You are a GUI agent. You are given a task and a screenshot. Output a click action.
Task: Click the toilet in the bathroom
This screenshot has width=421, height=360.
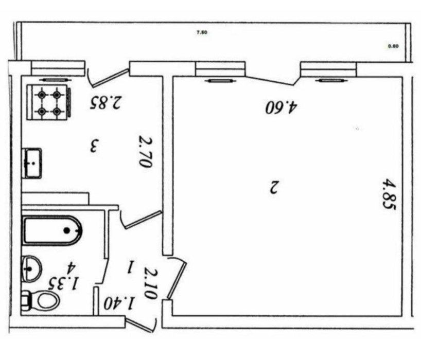point(41,300)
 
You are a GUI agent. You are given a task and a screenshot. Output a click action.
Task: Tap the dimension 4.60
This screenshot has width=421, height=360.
point(282,107)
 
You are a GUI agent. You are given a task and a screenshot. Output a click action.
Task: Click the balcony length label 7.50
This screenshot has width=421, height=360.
point(202,32)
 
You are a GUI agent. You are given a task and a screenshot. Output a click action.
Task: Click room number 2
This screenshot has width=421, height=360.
point(273,187)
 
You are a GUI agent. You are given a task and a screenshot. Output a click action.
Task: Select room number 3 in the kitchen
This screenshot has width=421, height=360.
point(94,146)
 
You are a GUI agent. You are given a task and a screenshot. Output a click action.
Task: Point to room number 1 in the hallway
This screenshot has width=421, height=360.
point(131,266)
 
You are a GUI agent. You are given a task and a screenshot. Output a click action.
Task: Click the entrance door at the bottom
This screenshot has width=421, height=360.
point(141,325)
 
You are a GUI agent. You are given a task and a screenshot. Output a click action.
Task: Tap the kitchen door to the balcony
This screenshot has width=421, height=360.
point(107,77)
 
